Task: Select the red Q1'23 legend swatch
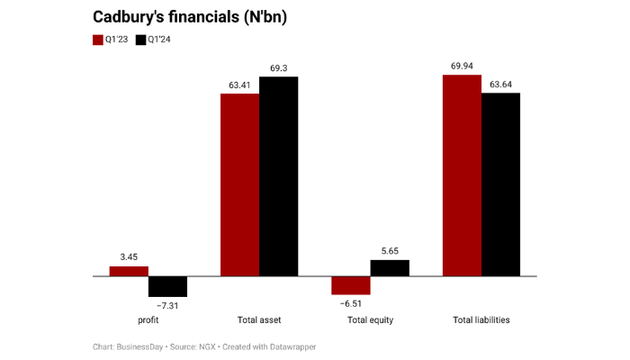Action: click(x=99, y=40)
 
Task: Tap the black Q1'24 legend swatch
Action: click(x=140, y=40)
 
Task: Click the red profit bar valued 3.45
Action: click(x=129, y=271)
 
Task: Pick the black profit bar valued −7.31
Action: click(x=167, y=286)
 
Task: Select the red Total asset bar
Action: click(x=239, y=184)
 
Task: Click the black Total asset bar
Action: click(x=278, y=176)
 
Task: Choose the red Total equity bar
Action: click(x=350, y=285)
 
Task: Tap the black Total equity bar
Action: click(x=389, y=268)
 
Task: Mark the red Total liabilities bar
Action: click(x=461, y=175)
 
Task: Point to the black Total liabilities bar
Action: click(x=500, y=184)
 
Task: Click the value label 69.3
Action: click(x=278, y=68)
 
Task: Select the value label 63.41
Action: click(x=239, y=85)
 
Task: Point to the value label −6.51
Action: click(x=350, y=304)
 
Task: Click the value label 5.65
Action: click(x=389, y=252)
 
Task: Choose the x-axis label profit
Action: click(x=148, y=320)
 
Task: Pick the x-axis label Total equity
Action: click(x=370, y=320)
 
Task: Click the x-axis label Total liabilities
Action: click(x=481, y=320)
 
